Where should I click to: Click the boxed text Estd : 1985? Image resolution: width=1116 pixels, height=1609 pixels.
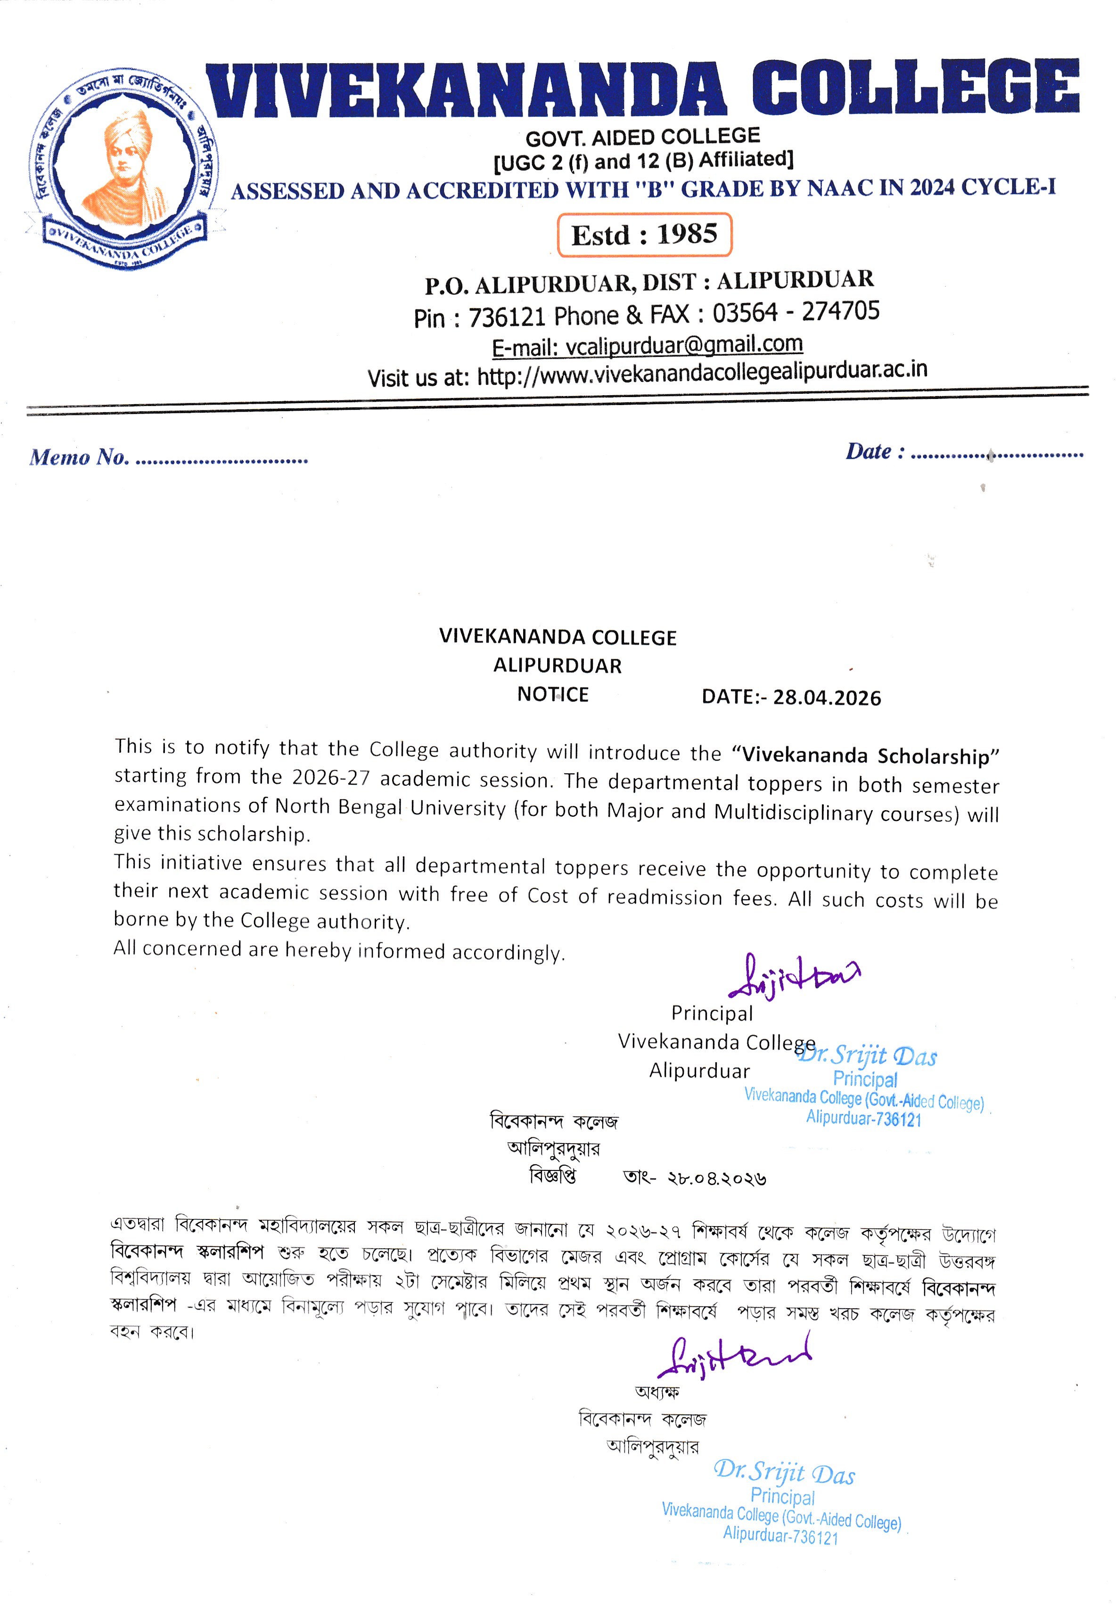coord(644,234)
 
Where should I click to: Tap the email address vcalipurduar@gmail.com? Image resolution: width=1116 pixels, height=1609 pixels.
coord(684,345)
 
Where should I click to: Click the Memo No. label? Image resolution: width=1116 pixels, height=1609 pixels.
coord(79,457)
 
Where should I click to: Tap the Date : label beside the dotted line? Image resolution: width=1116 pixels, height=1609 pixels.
coord(875,452)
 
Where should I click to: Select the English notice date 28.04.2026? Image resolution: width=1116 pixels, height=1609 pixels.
coord(827,697)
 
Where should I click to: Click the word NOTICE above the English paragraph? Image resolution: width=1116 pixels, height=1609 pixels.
coord(552,694)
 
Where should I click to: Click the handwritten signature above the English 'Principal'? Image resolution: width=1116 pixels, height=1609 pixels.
coord(794,976)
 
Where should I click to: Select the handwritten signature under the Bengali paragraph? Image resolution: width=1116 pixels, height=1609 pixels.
coord(734,1357)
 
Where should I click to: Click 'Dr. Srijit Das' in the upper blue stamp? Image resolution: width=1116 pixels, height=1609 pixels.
coord(867,1055)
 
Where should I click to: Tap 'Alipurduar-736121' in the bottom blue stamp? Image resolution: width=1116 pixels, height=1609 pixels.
coord(780,1535)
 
